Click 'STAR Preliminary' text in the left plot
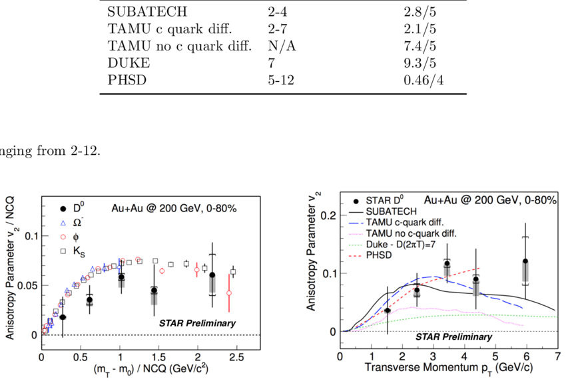point(197,323)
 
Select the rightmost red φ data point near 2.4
point(229,293)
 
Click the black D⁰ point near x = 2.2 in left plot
point(212,275)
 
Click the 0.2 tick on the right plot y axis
point(326,215)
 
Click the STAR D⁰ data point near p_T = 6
point(525,261)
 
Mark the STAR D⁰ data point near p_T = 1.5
point(388,310)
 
